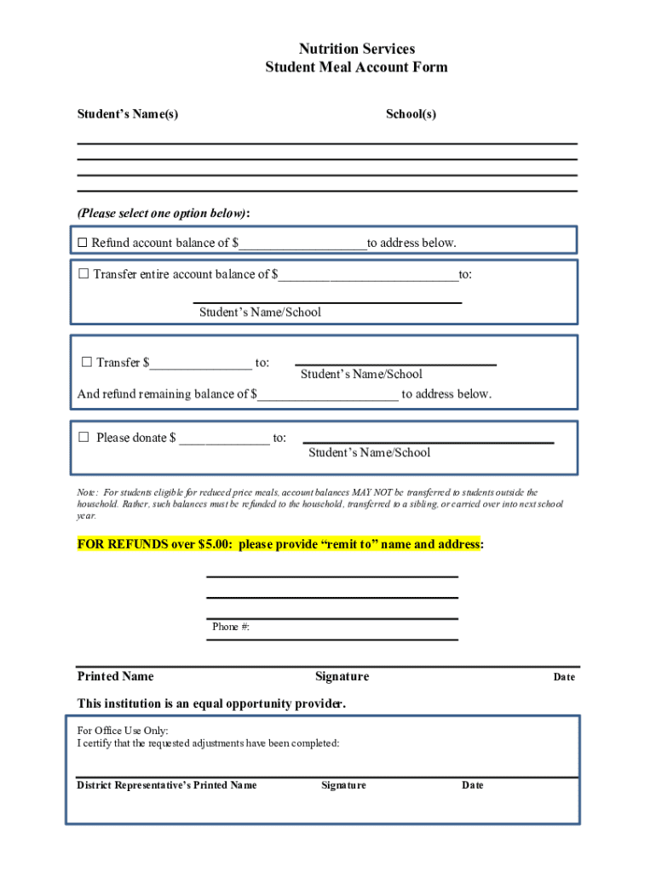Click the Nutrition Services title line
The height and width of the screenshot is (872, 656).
[x=356, y=49]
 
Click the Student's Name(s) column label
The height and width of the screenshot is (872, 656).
[x=128, y=114]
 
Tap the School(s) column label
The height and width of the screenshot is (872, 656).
[x=411, y=114]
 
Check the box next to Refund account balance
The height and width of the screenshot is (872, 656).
[x=83, y=244]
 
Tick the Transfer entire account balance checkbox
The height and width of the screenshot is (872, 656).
[x=83, y=274]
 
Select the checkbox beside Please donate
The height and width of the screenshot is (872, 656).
[x=83, y=438]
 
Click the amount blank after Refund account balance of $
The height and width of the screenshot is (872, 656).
[x=302, y=244]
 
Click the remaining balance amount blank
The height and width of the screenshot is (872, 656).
[x=327, y=394]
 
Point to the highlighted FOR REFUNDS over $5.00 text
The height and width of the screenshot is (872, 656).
[x=280, y=544]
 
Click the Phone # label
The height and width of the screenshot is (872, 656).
[x=230, y=627]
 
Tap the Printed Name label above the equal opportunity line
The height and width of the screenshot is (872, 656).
[x=116, y=676]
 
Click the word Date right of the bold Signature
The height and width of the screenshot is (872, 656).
[x=564, y=677]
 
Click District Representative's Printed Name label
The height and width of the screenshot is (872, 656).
[x=167, y=785]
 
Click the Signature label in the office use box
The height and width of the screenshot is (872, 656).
[x=343, y=785]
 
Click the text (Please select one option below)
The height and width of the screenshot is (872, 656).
[x=164, y=212]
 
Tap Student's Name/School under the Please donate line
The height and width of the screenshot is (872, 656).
[x=369, y=453]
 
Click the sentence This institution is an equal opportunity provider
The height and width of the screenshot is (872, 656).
[x=212, y=703]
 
